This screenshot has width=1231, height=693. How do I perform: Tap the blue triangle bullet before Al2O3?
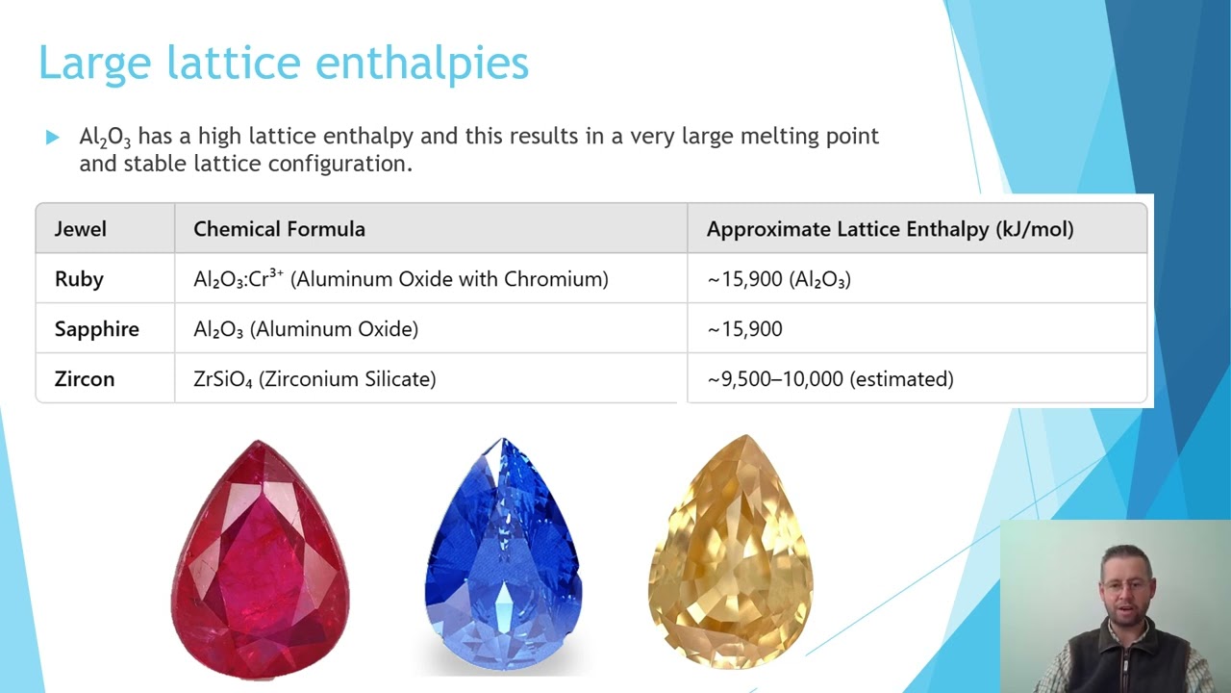pyautogui.click(x=52, y=138)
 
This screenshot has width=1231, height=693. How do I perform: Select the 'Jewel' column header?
pyautogui.click(x=81, y=229)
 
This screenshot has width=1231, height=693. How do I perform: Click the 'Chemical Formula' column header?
pyautogui.click(x=279, y=229)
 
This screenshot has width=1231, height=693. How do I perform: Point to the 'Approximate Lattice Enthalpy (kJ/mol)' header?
pyautogui.click(x=890, y=229)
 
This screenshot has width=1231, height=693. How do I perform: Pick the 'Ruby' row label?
pyautogui.click(x=79, y=279)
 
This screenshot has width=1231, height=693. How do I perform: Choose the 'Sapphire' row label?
pyautogui.click(x=96, y=329)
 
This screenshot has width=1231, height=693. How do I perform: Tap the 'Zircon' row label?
pyautogui.click(x=85, y=379)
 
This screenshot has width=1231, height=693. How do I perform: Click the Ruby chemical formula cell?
pyautogui.click(x=400, y=279)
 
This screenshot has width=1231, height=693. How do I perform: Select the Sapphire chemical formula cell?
pyautogui.click(x=306, y=329)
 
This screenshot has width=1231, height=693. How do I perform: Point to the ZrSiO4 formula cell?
pyautogui.click(x=314, y=379)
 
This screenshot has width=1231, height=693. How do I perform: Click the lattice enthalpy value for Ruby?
pyautogui.click(x=779, y=279)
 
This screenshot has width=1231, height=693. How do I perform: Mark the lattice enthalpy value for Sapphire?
pyautogui.click(x=745, y=329)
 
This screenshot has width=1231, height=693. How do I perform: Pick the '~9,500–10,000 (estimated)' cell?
pyautogui.click(x=830, y=379)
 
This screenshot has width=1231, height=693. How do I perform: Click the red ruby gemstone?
pyautogui.click(x=260, y=558)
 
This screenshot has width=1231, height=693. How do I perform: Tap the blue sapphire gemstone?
pyautogui.click(x=502, y=553)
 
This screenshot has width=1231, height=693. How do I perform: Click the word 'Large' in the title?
pyautogui.click(x=94, y=64)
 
